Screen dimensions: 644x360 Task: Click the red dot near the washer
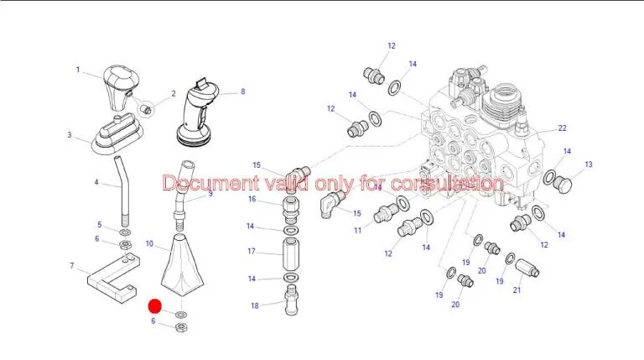pos(155,305)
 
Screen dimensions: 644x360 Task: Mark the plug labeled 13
pos(563,185)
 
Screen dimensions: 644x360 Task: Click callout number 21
pos(517,290)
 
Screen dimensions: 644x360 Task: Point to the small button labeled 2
pos(147,109)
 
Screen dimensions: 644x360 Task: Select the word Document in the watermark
pos(210,183)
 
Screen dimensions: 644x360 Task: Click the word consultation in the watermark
pos(447,183)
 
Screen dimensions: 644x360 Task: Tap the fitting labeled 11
pos(386,213)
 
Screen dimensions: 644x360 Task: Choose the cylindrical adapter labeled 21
pos(527,268)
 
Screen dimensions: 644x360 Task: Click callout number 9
pos(210,193)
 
